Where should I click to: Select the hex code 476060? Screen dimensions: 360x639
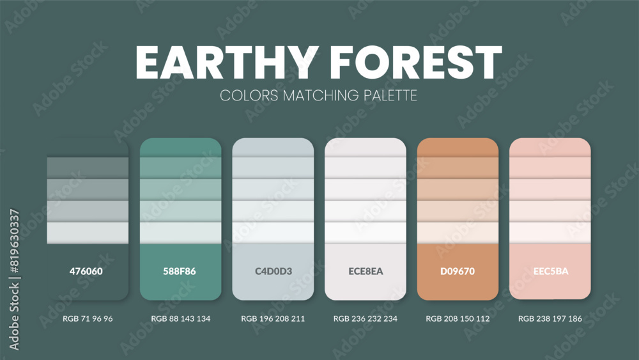86,271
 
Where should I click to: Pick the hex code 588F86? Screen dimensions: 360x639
180,271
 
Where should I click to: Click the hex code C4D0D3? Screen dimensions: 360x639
273,271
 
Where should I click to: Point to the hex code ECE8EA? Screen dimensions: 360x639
366,271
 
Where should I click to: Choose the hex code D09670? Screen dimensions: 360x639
458,271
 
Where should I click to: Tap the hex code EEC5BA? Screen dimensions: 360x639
550,271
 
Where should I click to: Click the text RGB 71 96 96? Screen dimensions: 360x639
88,318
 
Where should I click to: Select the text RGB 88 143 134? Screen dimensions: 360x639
180,318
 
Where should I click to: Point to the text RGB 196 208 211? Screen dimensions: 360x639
273,318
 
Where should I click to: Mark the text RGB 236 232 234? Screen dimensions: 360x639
366,318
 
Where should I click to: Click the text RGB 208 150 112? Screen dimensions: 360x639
458,318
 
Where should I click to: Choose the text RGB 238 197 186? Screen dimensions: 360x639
550,318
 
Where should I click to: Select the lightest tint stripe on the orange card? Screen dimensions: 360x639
458,232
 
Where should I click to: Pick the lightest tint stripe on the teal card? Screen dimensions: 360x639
180,232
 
